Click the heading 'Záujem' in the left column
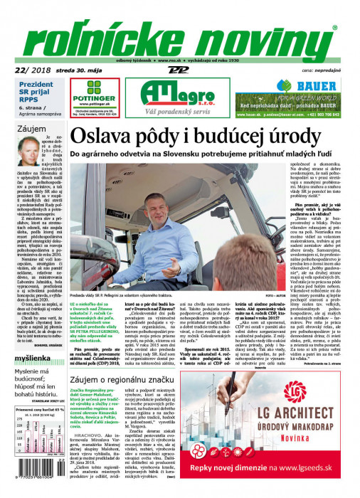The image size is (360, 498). pyautogui.click(x=32, y=129)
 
